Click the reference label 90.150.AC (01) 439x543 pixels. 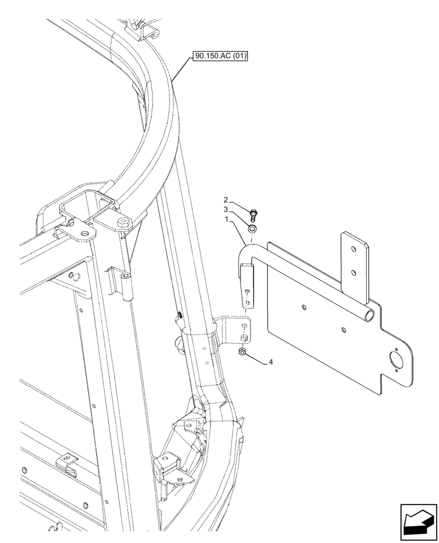click(219, 55)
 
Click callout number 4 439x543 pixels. click(270, 362)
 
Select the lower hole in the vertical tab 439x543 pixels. click(354, 274)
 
